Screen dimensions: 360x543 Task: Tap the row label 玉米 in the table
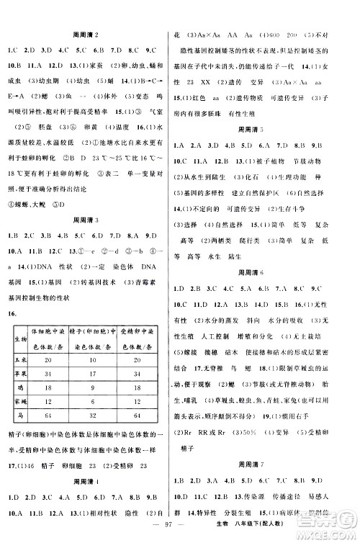19,358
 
